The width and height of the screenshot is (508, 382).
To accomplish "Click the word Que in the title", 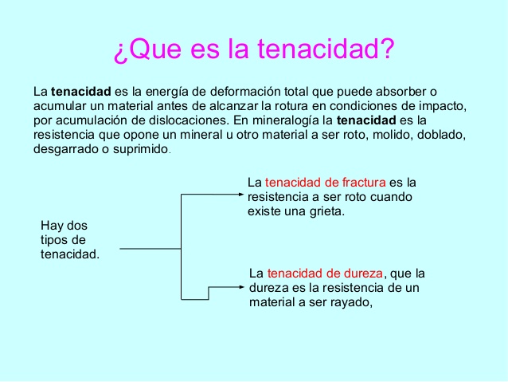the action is [154, 49].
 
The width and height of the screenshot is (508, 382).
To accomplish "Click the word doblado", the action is [441, 135].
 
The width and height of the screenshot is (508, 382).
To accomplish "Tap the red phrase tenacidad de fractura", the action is [326, 183].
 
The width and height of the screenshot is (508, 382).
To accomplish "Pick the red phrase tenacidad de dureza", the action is [325, 274].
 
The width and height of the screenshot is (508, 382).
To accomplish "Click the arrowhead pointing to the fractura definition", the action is [240, 195].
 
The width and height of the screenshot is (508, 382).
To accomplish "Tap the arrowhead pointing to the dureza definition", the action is [241, 287].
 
